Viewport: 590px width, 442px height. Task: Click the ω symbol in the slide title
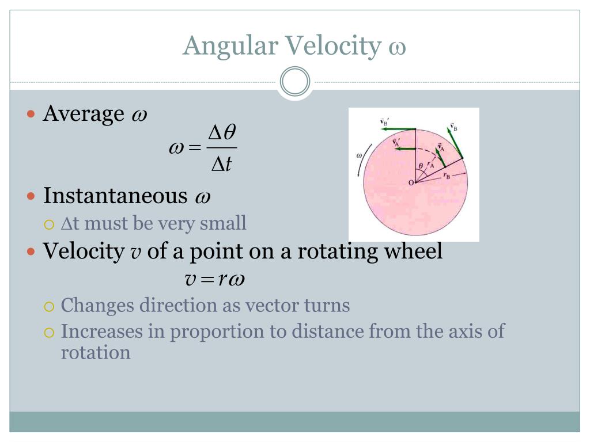click(397, 47)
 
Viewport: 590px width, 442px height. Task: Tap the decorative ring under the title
click(295, 82)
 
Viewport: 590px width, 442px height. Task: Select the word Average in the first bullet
click(84, 113)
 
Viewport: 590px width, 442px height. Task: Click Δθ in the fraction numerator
click(222, 133)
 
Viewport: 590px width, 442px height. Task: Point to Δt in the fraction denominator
click(222, 165)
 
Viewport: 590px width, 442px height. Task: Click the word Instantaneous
click(115, 196)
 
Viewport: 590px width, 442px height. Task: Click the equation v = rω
click(214, 280)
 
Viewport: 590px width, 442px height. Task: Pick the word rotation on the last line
click(96, 352)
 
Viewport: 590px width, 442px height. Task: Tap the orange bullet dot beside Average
click(32, 113)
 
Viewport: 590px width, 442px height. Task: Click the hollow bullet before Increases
click(50, 332)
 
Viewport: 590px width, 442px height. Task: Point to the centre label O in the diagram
click(411, 182)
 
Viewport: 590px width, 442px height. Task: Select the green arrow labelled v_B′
click(399, 129)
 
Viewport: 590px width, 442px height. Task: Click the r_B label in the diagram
click(447, 177)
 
